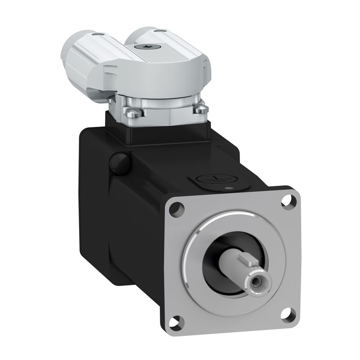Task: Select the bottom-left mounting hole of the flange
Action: (x=176, y=319)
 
